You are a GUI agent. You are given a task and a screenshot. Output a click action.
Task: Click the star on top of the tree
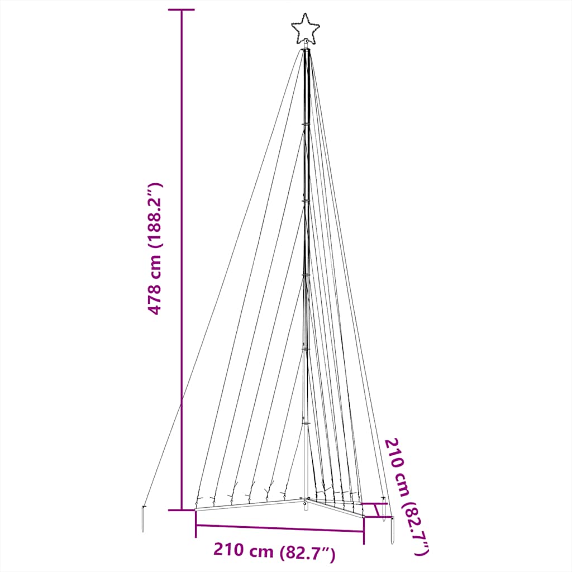click(305, 30)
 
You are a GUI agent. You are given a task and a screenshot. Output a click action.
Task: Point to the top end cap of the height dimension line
click(182, 10)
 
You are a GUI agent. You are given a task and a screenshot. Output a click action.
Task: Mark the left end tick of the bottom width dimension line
click(196, 525)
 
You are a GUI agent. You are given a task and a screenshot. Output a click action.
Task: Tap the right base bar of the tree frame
click(335, 507)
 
